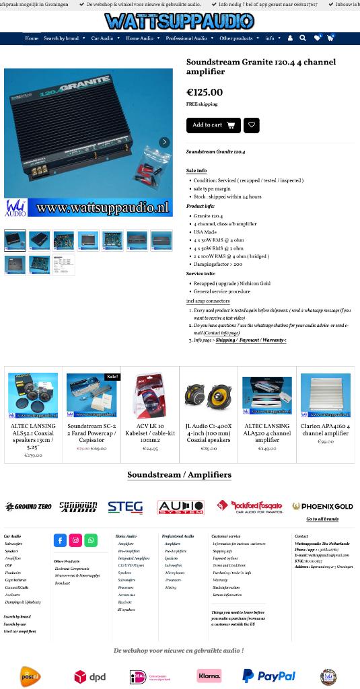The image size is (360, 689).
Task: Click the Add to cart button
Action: [x=213, y=125]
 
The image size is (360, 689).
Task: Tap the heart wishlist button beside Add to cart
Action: [x=251, y=125]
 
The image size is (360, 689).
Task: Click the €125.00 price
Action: [x=204, y=93]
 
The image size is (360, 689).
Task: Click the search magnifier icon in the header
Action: [x=303, y=38]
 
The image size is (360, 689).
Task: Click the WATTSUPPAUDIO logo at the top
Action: [x=180, y=22]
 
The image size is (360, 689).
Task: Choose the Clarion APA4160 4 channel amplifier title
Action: [x=325, y=430]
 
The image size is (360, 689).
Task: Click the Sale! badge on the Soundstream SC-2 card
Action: [x=112, y=377]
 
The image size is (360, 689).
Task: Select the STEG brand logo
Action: [x=125, y=507]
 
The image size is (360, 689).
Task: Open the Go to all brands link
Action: [x=322, y=519]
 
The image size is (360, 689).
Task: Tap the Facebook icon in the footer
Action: [x=60, y=540]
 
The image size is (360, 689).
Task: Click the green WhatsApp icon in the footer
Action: [x=91, y=540]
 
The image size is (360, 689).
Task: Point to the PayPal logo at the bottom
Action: [x=268, y=676]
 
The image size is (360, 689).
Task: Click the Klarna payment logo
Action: [x=209, y=676]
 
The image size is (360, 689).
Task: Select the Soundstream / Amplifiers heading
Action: [x=179, y=475]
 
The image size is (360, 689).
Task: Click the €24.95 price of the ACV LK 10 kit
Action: [x=150, y=449]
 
